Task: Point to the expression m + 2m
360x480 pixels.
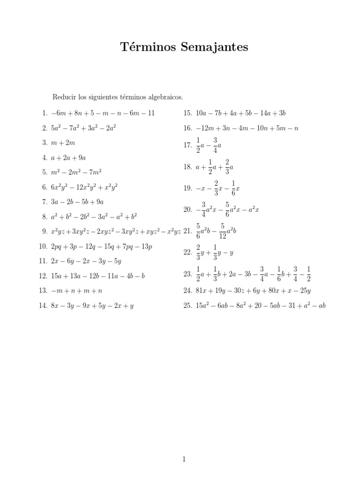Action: (x=63, y=142)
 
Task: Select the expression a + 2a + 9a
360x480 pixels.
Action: (x=69, y=157)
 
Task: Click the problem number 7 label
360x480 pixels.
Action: (x=45, y=202)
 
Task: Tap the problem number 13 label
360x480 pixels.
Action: (x=43, y=291)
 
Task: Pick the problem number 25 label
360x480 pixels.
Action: (x=187, y=306)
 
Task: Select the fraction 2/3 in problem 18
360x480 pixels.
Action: (x=227, y=166)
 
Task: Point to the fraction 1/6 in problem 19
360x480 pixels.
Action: (x=233, y=188)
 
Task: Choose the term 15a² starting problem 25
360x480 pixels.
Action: (x=203, y=305)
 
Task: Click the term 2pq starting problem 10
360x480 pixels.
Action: (x=56, y=246)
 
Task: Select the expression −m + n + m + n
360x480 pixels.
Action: (x=76, y=291)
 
